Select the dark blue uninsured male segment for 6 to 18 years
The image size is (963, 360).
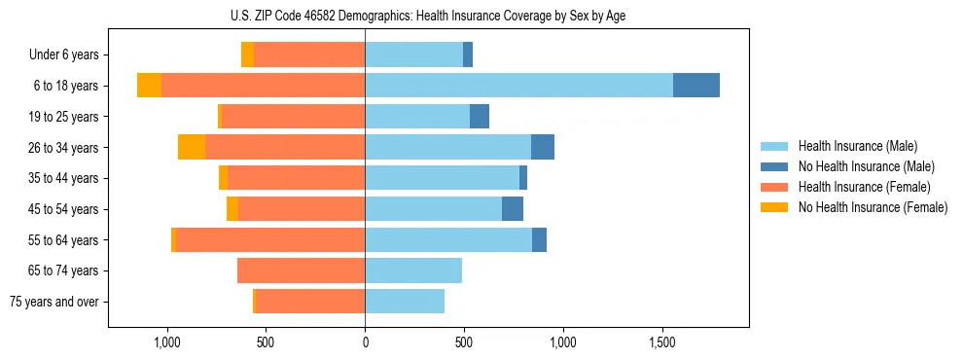click(x=696, y=86)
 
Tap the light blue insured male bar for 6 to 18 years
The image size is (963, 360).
click(x=518, y=86)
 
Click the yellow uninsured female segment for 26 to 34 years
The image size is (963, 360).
click(x=192, y=147)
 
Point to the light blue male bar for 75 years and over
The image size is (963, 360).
click(x=405, y=302)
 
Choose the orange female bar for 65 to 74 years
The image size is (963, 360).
click(x=302, y=270)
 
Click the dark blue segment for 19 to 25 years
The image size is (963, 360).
click(x=480, y=117)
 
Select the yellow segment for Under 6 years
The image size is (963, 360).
click(x=247, y=54)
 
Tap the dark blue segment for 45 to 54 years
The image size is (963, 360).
click(x=513, y=208)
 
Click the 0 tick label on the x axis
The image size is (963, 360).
click(x=365, y=342)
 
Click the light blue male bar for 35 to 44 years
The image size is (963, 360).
click(x=442, y=178)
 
